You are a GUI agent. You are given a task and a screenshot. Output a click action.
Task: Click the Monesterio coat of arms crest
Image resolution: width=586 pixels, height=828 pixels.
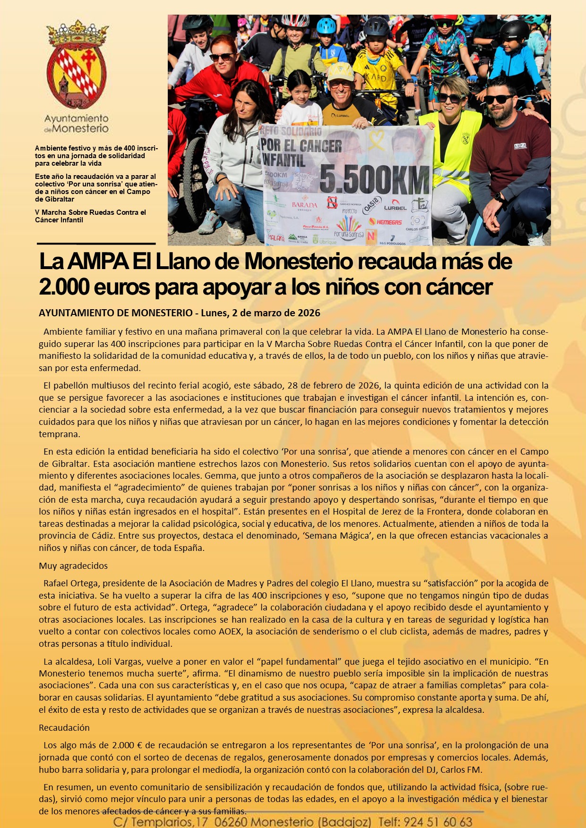[77, 66]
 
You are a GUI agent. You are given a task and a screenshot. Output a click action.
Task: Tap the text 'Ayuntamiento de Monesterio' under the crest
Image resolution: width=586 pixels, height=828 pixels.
[77, 123]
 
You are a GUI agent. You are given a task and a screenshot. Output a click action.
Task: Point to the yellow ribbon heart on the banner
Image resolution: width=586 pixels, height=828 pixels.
[377, 140]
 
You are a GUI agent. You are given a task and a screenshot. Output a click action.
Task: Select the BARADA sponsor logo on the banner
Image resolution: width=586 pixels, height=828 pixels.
[305, 205]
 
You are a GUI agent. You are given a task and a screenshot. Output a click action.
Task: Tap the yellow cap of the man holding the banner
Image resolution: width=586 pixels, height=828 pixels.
[340, 71]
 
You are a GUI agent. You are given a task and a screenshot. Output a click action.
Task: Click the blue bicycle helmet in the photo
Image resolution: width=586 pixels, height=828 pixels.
[326, 25]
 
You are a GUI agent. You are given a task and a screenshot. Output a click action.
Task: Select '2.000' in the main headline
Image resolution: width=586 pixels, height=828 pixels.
[63, 287]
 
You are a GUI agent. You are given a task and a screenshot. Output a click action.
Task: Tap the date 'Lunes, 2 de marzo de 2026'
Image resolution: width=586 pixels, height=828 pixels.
[260, 313]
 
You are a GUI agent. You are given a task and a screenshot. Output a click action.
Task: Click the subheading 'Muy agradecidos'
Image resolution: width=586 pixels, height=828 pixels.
[73, 566]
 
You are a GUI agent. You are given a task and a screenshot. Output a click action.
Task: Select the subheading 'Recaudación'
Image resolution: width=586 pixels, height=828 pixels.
[64, 728]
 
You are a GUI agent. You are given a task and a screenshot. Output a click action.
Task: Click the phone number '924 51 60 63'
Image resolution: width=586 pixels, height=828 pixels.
[438, 822]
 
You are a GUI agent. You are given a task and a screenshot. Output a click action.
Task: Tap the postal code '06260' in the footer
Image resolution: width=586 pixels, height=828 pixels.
[234, 822]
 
